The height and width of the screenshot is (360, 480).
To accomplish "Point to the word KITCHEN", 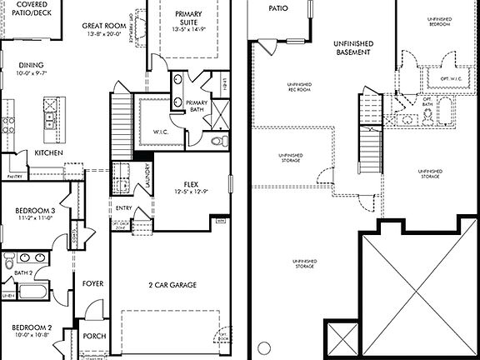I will click(x=50, y=153).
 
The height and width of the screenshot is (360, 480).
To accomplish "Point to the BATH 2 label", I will click(x=22, y=272).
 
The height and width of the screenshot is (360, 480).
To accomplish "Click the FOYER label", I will click(x=92, y=283).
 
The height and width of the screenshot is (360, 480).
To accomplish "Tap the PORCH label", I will click(x=94, y=335).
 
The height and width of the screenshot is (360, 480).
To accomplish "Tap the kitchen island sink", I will click(x=51, y=117).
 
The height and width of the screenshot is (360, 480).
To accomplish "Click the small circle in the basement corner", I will click(x=263, y=346).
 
